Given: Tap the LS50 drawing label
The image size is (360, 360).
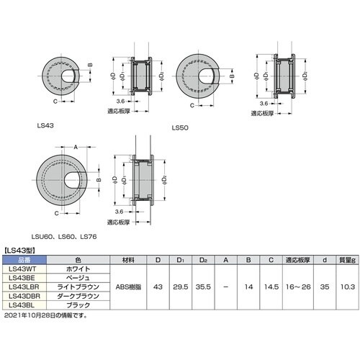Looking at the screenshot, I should point(179,129).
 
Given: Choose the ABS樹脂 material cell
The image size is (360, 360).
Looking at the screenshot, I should point(128,286).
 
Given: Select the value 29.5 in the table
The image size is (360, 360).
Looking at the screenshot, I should point(180,286).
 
